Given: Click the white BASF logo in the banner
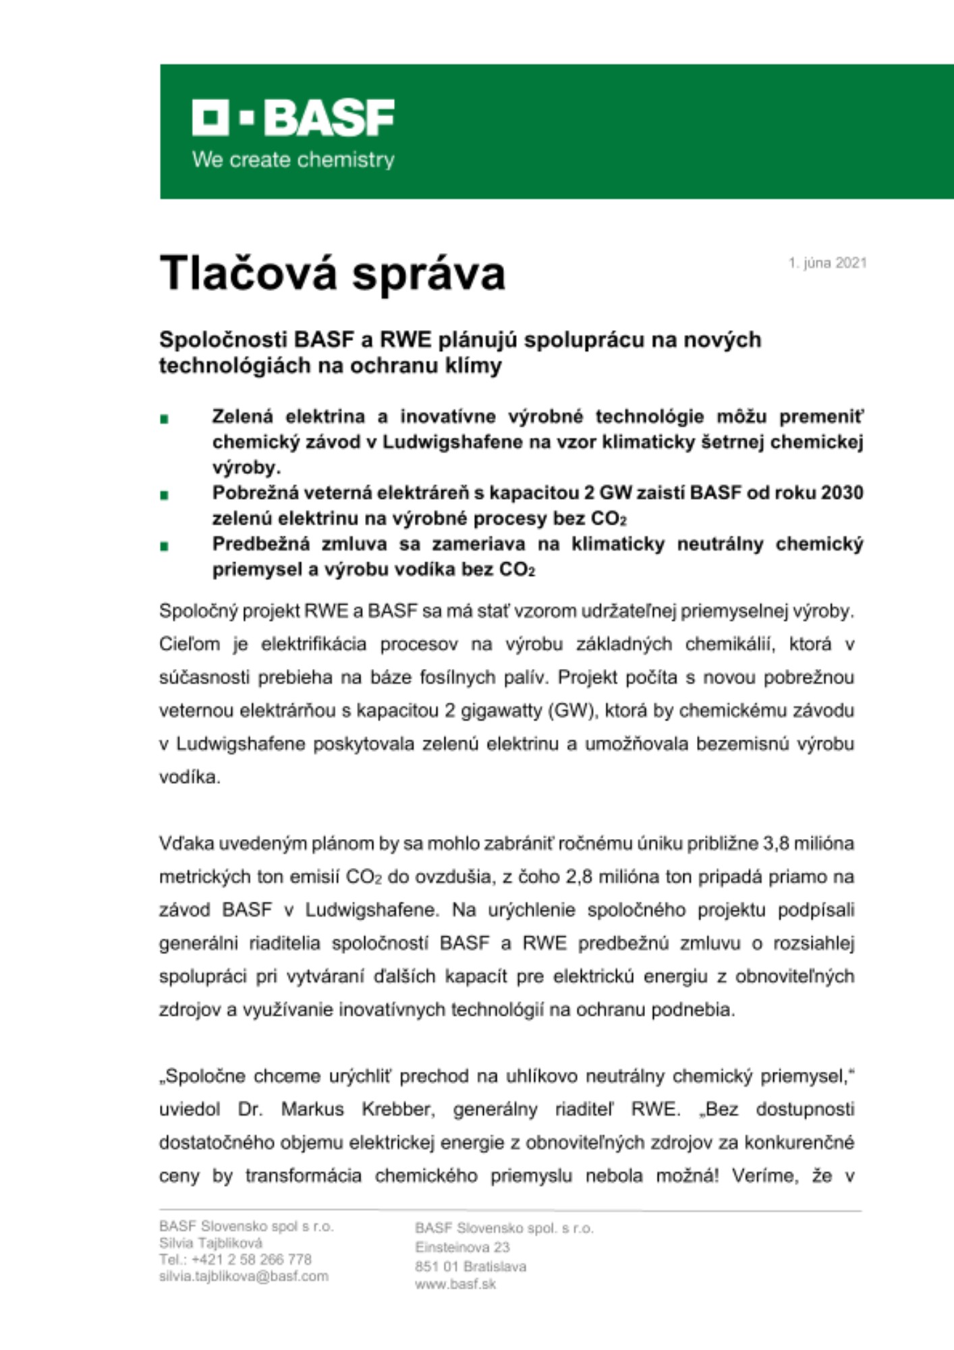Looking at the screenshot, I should pos(293,118).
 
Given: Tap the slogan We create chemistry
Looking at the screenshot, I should pos(293,160).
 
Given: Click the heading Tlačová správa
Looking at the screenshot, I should pos(332,273).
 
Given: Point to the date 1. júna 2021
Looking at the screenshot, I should pos(827,263).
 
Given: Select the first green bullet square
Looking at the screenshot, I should pos(164,419).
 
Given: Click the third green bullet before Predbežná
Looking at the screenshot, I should pos(164,546).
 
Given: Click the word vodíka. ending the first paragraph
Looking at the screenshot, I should pos(190,777).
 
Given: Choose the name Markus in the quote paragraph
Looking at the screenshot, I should pos(312,1109).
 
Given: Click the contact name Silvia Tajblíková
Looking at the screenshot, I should pos(211,1243).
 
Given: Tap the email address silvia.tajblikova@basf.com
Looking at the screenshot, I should pos(244,1276).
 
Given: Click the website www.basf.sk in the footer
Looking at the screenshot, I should pos(455,1284).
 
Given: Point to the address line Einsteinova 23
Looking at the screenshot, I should pos(462,1247).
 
